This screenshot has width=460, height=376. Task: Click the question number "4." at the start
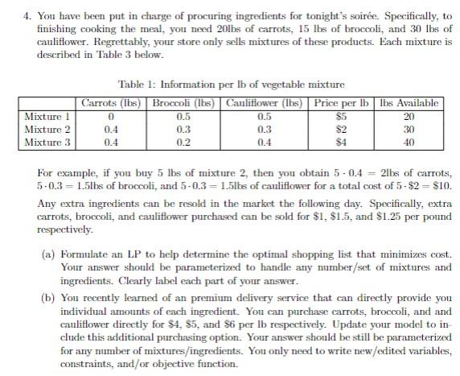[10, 9]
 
